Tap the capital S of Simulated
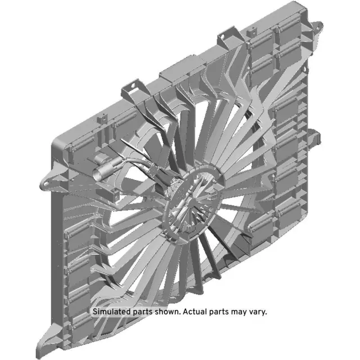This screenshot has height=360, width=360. pos(95,311)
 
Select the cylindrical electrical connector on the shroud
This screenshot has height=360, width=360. pos(107,169)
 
